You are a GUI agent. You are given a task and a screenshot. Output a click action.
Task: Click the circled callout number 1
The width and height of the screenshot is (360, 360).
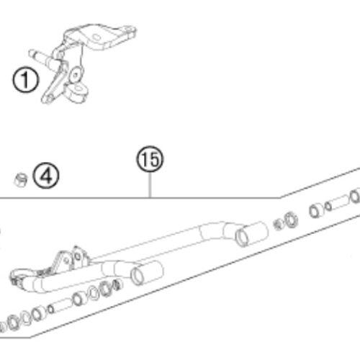(x=25, y=80)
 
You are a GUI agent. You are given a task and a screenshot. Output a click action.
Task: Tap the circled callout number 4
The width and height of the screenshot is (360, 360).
(x=46, y=176)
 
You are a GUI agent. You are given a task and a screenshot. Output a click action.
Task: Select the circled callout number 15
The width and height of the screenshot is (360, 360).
(x=150, y=159)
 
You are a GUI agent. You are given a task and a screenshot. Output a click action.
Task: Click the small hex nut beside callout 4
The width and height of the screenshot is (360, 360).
(x=20, y=179)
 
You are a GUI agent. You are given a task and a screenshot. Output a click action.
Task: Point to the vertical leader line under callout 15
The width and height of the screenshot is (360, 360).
(x=150, y=185)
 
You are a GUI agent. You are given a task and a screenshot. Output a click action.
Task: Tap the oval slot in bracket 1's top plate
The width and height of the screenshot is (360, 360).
(x=97, y=37)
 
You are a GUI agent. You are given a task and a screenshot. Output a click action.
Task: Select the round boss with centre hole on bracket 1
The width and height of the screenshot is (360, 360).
(x=76, y=75)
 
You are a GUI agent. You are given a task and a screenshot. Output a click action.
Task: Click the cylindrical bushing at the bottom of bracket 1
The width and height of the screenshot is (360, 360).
(x=77, y=93)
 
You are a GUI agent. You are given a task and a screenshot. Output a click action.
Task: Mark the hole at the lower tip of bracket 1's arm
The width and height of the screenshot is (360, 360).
(x=49, y=98)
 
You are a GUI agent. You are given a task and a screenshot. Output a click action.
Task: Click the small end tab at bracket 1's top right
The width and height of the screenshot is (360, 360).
(x=130, y=30)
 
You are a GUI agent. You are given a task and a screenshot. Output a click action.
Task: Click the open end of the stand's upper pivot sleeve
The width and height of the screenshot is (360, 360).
(x=241, y=238)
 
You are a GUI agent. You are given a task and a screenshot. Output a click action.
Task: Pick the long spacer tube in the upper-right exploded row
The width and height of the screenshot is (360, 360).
(x=338, y=203)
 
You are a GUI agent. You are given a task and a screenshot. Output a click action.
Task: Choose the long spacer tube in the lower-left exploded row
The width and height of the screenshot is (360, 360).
(x=62, y=306)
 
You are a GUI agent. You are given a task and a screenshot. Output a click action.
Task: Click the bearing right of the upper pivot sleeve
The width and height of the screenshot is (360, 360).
(x=291, y=220)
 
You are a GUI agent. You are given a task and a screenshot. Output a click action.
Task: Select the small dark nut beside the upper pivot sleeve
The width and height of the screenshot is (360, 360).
(x=279, y=224)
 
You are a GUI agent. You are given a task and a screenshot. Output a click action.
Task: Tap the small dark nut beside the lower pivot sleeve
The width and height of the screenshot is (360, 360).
(x=117, y=285)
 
